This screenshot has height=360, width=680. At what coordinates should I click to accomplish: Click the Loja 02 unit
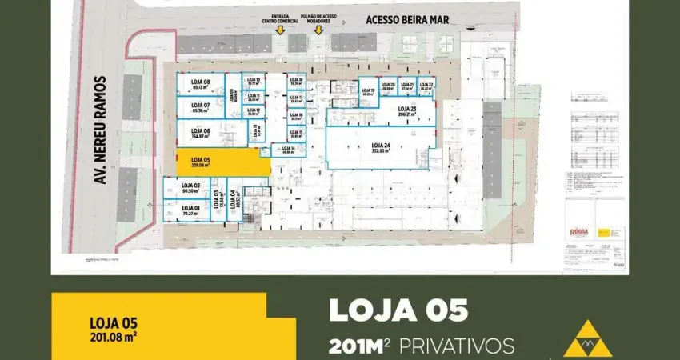pyautogui.click(x=190, y=188)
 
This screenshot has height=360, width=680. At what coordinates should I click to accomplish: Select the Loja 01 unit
pyautogui.click(x=190, y=210)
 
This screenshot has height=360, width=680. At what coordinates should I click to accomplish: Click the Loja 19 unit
pyautogui.click(x=368, y=90)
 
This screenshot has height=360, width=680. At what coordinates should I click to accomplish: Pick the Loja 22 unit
pyautogui.click(x=426, y=86)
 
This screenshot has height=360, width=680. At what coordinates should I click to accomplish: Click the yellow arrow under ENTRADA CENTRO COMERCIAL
pyautogui.click(x=280, y=30)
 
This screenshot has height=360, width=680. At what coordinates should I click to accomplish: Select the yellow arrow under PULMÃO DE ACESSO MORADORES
pyautogui.click(x=318, y=30)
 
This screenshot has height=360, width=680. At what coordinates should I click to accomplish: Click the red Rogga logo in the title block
pyautogui.click(x=578, y=231)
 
